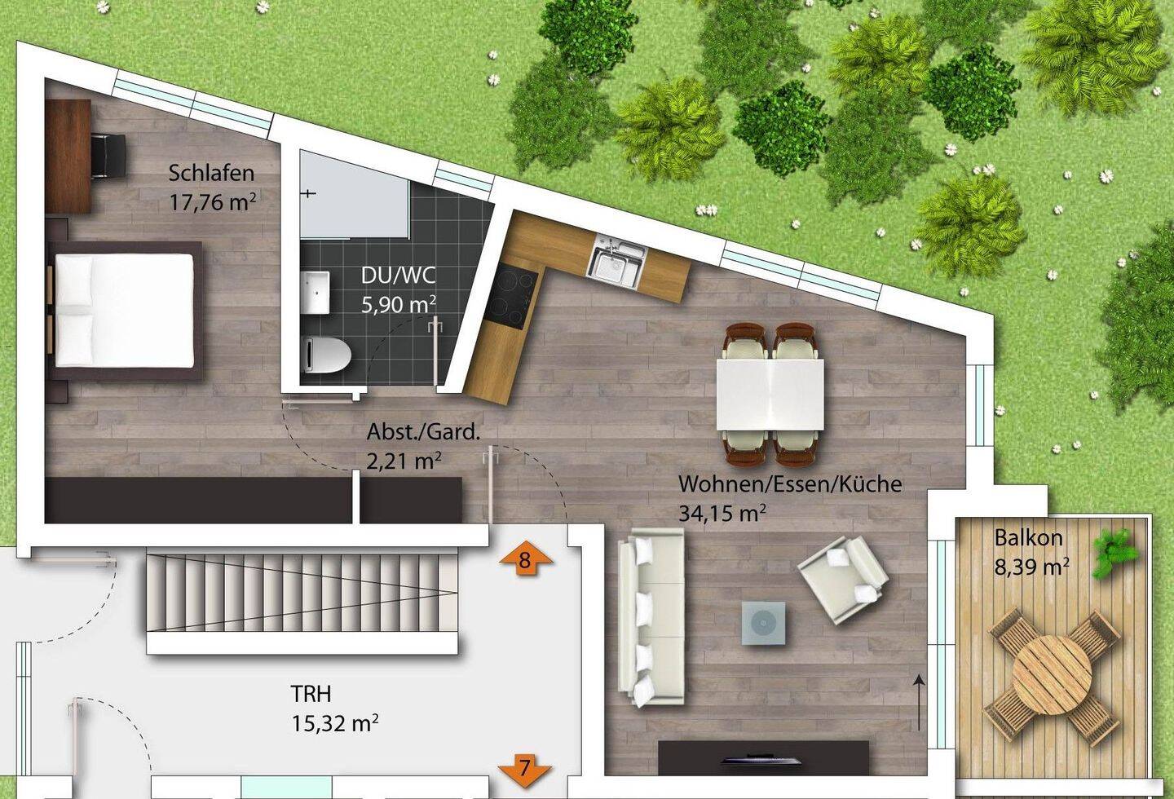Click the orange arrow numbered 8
(526, 558)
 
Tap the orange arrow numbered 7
(525, 769)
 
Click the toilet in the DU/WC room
(326, 355)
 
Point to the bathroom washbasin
(316, 292)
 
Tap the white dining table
(770, 394)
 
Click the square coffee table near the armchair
(763, 623)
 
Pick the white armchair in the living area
(843, 580)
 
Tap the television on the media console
(761, 760)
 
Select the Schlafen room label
(211, 173)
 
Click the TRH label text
(311, 694)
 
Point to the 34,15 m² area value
(722, 514)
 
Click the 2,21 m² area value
(404, 461)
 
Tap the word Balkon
(1028, 538)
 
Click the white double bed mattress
(124, 311)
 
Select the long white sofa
(651, 617)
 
